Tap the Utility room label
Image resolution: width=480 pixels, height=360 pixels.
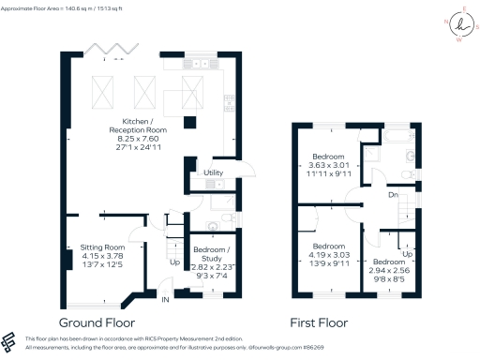click(x=212, y=172)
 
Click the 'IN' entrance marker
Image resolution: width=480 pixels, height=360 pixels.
click(x=165, y=299)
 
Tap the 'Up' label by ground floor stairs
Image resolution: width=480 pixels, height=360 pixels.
click(x=174, y=262)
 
